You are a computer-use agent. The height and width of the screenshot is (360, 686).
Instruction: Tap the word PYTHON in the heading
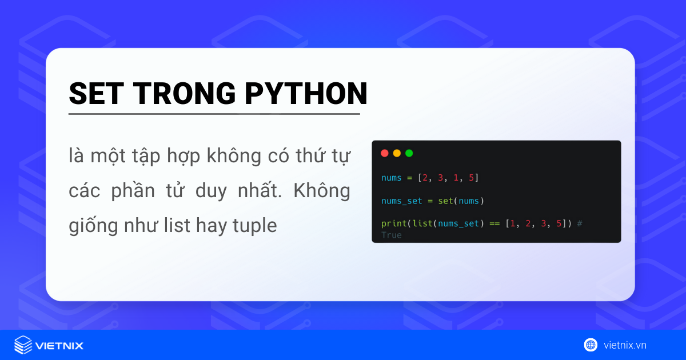tap(306, 93)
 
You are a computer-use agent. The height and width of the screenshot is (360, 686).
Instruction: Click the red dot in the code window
tap(385, 153)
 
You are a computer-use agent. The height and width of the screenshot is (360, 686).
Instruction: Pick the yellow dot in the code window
tap(397, 153)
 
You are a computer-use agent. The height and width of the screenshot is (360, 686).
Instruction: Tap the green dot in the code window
tap(409, 153)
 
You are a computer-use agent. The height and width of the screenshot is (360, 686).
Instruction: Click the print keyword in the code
tap(392, 223)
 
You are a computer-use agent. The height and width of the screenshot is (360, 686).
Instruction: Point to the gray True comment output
tap(392, 235)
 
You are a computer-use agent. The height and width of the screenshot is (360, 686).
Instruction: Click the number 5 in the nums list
tap(471, 178)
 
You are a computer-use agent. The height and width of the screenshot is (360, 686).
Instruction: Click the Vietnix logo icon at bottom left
tap(23, 345)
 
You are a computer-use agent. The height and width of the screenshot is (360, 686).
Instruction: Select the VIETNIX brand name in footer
tap(59, 346)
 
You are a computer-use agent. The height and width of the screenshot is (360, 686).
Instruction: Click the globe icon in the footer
tap(591, 345)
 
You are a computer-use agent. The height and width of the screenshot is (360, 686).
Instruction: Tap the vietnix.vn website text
tap(625, 345)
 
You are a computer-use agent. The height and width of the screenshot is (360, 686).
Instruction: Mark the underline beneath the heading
tap(214, 114)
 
